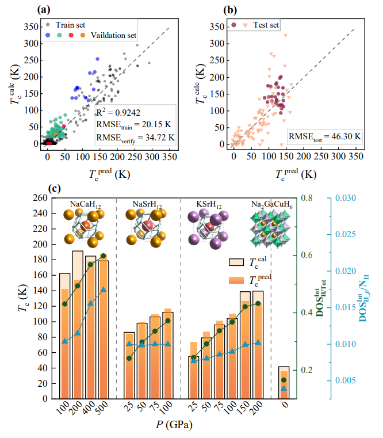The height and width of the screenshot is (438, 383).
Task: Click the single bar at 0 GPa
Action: click(284, 382)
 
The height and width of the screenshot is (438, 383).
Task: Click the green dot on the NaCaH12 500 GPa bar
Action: click(104, 256)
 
